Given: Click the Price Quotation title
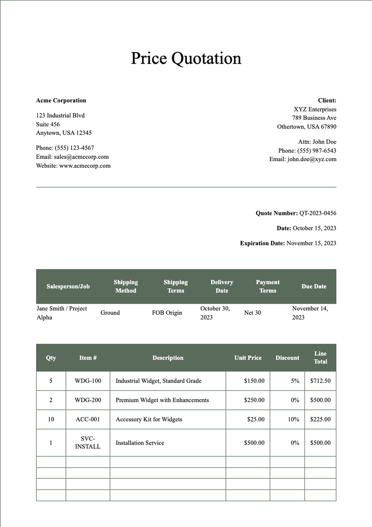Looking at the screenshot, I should click(x=186, y=58).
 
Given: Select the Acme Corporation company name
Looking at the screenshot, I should click(x=61, y=100).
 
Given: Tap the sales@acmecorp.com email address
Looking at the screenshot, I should click(x=81, y=157).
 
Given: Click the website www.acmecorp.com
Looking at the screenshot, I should click(x=85, y=166).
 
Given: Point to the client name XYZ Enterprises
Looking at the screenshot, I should click(x=315, y=109).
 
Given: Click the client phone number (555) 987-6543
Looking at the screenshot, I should click(x=317, y=151).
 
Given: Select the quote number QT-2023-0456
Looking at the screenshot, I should click(x=317, y=213).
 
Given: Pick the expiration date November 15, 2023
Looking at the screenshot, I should click(x=311, y=243).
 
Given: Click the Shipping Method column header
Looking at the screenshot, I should click(x=126, y=286).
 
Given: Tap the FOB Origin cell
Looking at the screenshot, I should click(x=167, y=313).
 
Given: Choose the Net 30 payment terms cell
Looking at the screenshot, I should click(x=252, y=313).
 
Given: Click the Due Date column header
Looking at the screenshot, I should click(x=314, y=286).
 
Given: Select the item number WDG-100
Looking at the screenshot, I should click(x=88, y=381).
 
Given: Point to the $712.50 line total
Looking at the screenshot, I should click(x=320, y=381).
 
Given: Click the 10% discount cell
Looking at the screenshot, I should click(x=293, y=419).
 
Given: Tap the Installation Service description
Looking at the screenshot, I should click(x=140, y=443).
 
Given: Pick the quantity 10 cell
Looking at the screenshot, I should click(x=51, y=419).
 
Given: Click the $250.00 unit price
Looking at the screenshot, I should click(x=254, y=400).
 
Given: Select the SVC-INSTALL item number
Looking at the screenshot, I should click(x=88, y=443).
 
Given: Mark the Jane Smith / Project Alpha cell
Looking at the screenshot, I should click(x=62, y=313).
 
